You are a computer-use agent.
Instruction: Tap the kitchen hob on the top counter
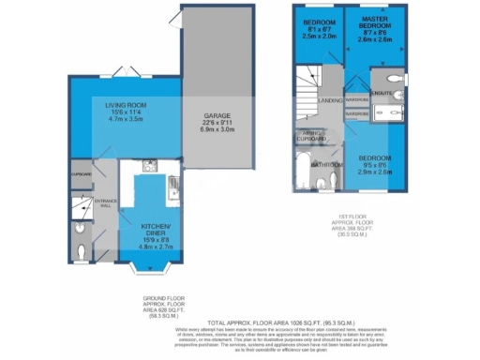coord(148,166)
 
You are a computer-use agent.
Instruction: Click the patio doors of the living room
coord(121,74)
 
